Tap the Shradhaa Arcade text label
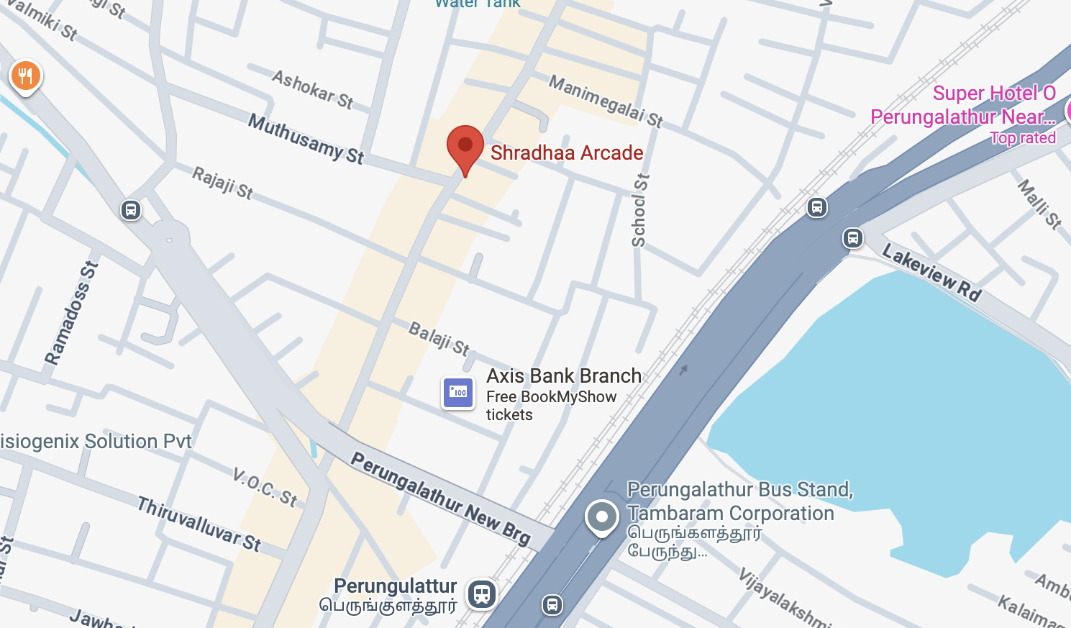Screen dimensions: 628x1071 pyautogui.click(x=567, y=153)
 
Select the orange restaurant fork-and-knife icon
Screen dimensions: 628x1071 pyautogui.click(x=26, y=76)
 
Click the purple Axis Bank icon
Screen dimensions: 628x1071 pyautogui.click(x=458, y=393)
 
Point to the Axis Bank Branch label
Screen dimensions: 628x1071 pyautogui.click(x=564, y=376)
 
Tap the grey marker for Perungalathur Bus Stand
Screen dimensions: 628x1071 pyautogui.click(x=602, y=516)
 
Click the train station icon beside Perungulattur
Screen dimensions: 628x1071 pyautogui.click(x=482, y=594)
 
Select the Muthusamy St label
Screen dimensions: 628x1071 pyautogui.click(x=306, y=138)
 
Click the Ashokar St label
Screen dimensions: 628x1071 pyautogui.click(x=313, y=89)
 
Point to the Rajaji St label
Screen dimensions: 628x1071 pyautogui.click(x=223, y=183)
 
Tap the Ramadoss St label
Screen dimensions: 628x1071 pyautogui.click(x=71, y=313)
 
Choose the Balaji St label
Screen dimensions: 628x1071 pyautogui.click(x=439, y=338)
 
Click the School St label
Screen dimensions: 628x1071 pyautogui.click(x=639, y=210)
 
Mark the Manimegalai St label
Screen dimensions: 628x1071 pyautogui.click(x=606, y=101)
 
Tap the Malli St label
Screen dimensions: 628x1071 pyautogui.click(x=1039, y=204)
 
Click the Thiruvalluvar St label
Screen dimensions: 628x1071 pyautogui.click(x=199, y=524)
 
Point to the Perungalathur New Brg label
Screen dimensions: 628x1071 pyautogui.click(x=440, y=497)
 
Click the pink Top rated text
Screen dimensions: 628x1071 pyautogui.click(x=1023, y=138)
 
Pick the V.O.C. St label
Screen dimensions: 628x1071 pyautogui.click(x=265, y=487)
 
